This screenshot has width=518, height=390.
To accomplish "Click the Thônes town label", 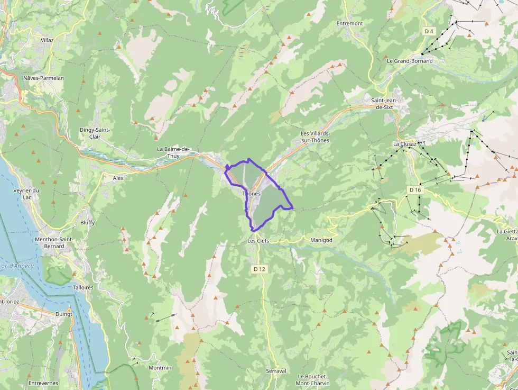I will point(251,194).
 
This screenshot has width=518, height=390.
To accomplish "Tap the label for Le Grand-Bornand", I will point(410,61).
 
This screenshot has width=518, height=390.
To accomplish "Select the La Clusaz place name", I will point(405,143).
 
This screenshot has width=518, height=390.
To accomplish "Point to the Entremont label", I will point(350,23).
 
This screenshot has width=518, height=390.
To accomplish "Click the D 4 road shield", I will point(429,31).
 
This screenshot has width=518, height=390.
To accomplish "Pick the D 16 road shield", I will point(415,189).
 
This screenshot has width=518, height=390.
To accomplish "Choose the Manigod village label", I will point(321,240).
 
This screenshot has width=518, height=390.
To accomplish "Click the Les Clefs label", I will point(258,241).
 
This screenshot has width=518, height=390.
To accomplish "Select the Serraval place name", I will point(276,371).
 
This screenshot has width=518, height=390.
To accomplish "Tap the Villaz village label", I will point(48,40).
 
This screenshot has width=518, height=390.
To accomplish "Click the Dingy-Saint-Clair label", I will point(95,133).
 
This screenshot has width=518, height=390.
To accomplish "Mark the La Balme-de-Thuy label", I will point(173,152).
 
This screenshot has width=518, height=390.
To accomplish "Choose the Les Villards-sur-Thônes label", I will point(314,137).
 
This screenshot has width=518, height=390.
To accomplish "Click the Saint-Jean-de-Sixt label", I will point(384,104).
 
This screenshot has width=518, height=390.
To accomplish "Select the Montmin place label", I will point(160,368).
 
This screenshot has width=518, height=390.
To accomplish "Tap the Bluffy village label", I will point(87,223).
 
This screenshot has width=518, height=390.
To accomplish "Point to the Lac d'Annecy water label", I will point(17,266).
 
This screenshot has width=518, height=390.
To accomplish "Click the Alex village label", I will point(118,178).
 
